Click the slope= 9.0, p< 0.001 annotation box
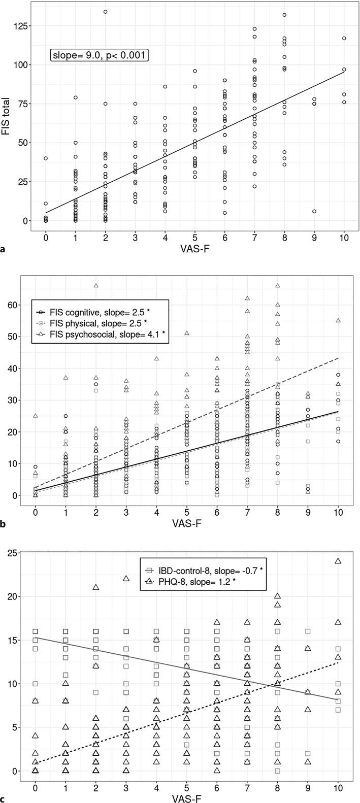(x=99, y=55)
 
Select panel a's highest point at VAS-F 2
(x=105, y=12)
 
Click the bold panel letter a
(x=4, y=249)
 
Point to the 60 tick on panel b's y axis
(x=25, y=305)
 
